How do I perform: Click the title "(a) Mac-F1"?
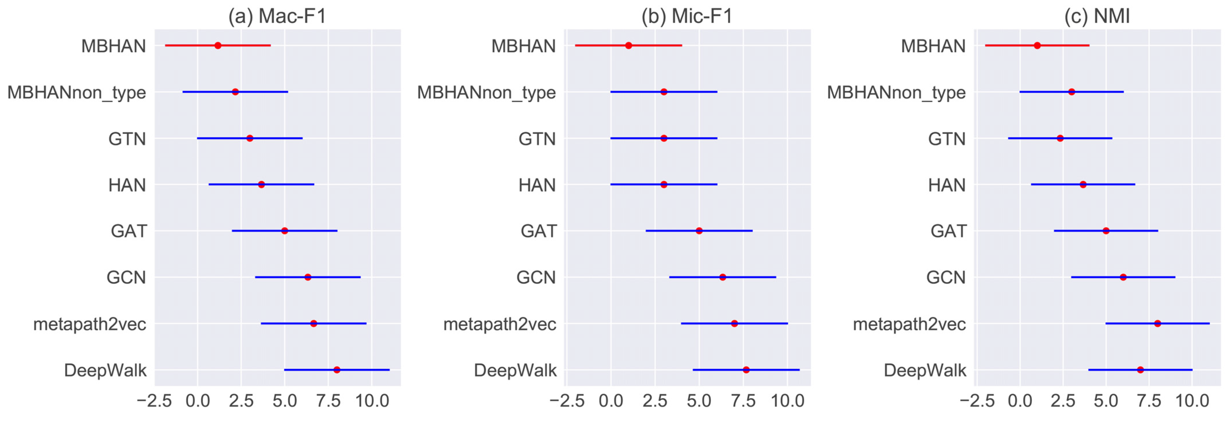tap(277, 16)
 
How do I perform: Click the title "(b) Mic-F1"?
tap(687, 16)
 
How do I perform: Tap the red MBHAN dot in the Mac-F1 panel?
tap(218, 46)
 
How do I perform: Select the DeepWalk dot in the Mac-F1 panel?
tap(337, 370)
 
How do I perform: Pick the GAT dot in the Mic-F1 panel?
tap(699, 231)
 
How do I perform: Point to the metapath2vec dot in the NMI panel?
tap(1157, 323)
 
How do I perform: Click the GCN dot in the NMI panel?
tap(1123, 277)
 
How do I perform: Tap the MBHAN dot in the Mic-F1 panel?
tap(628, 46)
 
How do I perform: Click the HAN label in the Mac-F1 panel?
tap(127, 185)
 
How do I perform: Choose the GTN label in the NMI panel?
tap(947, 139)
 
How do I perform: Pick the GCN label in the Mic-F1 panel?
tap(536, 277)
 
